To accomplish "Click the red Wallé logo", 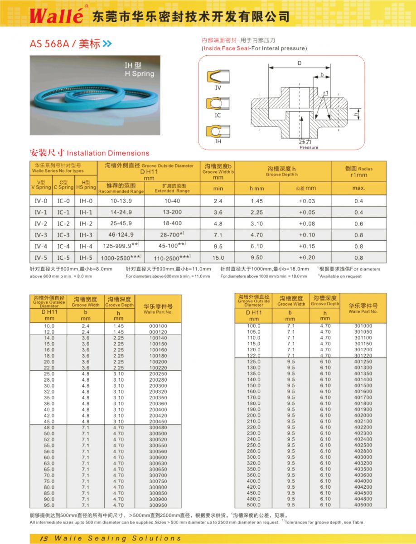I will pos(56,16).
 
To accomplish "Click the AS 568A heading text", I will pos(58,44).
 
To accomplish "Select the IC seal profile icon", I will pos(218,103).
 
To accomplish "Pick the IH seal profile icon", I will pos(218,131).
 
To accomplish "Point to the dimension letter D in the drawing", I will pos(300,64).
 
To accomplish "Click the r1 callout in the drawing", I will pos(326,93).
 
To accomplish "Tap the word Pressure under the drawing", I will pos(309,147).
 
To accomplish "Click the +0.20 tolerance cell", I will pos(307,257).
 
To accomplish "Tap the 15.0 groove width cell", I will pos(218,257).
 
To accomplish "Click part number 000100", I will pos(158,326).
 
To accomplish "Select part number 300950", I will pos(158,505).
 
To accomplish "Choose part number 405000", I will pos(363,505).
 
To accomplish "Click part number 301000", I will pos(363,326).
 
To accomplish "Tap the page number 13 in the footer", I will pos(44,538).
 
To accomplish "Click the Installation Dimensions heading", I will pos(108,153).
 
